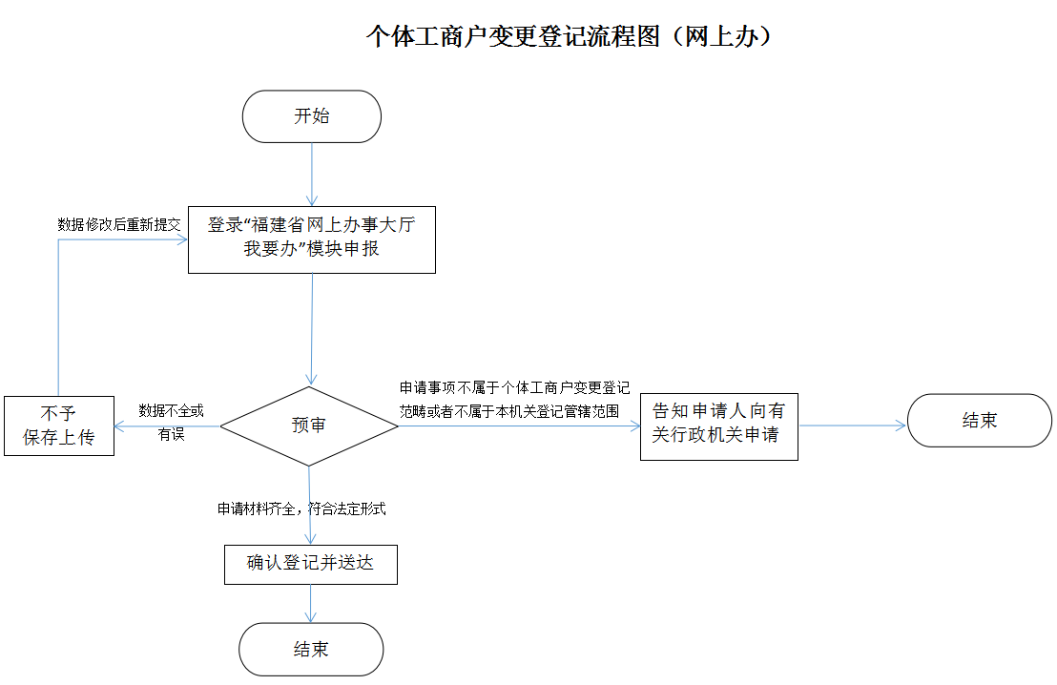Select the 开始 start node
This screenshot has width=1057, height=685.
pyautogui.click(x=312, y=116)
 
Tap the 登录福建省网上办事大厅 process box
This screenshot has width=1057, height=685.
pyautogui.click(x=311, y=239)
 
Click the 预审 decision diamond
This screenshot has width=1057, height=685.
pyautogui.click(x=309, y=426)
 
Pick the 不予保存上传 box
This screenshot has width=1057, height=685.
pyautogui.click(x=58, y=426)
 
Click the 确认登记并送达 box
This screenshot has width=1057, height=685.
pyautogui.click(x=310, y=563)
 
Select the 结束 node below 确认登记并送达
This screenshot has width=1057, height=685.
pyautogui.click(x=311, y=650)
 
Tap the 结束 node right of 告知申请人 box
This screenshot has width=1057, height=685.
pyautogui.click(x=980, y=421)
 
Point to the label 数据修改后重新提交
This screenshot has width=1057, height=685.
pyautogui.click(x=119, y=225)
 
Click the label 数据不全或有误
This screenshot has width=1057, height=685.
pyautogui.click(x=172, y=422)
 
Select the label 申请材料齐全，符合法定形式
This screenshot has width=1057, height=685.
pyautogui.click(x=301, y=509)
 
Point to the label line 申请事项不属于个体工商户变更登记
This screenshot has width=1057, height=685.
pyautogui.click(x=514, y=388)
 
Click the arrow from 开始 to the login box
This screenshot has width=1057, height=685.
pyautogui.click(x=312, y=175)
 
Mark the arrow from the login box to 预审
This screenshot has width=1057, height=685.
pyautogui.click(x=312, y=329)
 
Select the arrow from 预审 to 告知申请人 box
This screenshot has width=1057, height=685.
pyautogui.click(x=520, y=426)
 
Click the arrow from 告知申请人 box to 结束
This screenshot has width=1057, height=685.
pyautogui.click(x=852, y=426)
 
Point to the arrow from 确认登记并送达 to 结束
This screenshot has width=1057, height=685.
pyautogui.click(x=310, y=603)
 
